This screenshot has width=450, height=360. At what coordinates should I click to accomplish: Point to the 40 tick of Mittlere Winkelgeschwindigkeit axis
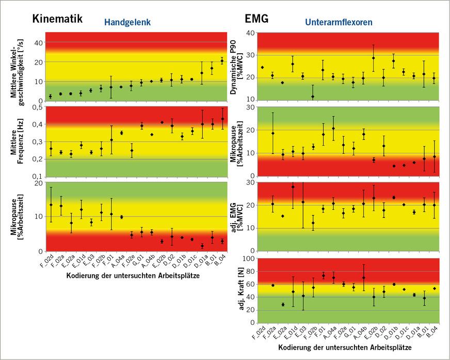(37, 42)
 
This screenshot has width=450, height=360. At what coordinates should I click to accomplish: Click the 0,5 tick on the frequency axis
(36, 107)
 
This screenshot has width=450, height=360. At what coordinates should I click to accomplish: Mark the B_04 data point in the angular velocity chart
(222, 61)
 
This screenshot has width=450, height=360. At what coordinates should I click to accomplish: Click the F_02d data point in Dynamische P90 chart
(262, 67)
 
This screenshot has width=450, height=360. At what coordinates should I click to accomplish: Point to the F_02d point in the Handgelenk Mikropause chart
(51, 205)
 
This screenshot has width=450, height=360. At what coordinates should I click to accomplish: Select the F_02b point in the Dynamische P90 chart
(312, 97)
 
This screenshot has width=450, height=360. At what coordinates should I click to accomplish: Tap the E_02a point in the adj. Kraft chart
(283, 305)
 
